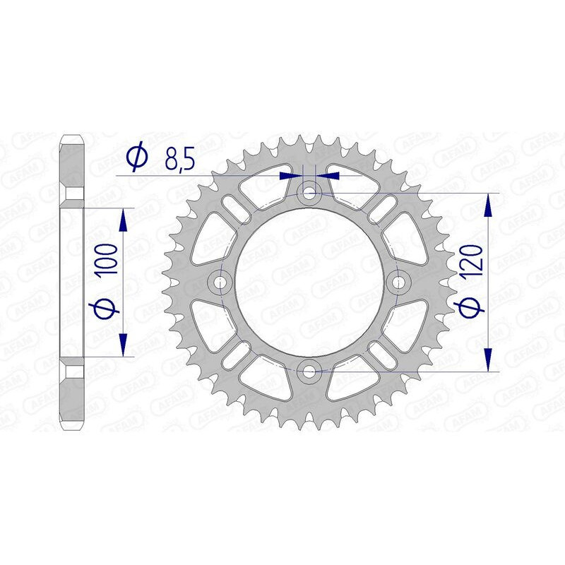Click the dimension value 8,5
click(x=180, y=158)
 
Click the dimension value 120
click(x=472, y=260)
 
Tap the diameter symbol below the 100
click(x=105, y=307)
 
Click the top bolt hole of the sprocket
click(x=309, y=194)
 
